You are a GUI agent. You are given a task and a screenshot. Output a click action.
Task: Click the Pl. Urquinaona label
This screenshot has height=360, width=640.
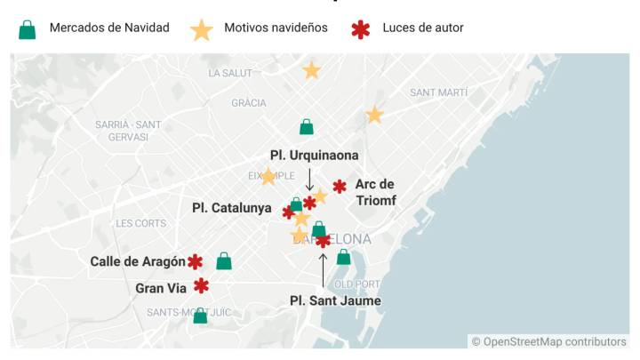click(x=315, y=155)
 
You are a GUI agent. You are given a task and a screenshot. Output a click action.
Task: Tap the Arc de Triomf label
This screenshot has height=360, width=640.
click(x=375, y=192)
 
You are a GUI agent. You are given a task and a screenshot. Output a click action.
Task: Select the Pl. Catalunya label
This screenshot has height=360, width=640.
click(x=232, y=208)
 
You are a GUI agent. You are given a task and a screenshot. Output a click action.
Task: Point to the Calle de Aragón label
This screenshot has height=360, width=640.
click(x=138, y=261)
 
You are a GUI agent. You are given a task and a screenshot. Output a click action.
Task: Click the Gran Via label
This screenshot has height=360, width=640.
click(x=161, y=288)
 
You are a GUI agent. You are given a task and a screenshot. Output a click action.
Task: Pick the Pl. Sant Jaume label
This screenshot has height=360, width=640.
click(x=335, y=300)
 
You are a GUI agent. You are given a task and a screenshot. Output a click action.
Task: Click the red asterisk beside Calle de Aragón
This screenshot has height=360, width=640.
click(x=195, y=261)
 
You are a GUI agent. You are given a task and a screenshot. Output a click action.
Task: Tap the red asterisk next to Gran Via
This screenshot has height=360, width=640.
click(x=202, y=285)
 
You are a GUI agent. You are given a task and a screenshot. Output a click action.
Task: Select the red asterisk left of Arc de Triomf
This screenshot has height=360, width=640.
click(x=340, y=186)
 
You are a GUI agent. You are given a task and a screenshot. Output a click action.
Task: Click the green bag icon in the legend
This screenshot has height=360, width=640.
click(x=28, y=29)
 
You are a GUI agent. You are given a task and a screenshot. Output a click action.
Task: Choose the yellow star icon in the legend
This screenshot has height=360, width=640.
click(x=202, y=29)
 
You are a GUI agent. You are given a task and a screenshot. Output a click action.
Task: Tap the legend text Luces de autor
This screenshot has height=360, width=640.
click(x=423, y=28)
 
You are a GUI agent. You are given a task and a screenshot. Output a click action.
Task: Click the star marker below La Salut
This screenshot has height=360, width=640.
click(x=311, y=70)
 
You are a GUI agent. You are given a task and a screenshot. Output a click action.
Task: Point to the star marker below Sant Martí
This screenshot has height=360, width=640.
click(x=374, y=115)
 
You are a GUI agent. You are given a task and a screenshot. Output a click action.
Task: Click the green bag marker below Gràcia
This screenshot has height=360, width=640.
click(x=307, y=127)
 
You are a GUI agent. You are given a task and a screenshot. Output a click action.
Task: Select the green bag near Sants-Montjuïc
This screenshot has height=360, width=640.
click(x=200, y=316)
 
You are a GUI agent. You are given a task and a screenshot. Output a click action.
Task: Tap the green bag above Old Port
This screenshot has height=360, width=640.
click(x=344, y=257)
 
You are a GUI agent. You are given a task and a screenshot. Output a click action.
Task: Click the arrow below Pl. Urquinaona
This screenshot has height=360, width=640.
click(x=309, y=179)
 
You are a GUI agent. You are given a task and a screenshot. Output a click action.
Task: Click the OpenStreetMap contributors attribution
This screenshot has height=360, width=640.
click(x=548, y=341)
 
